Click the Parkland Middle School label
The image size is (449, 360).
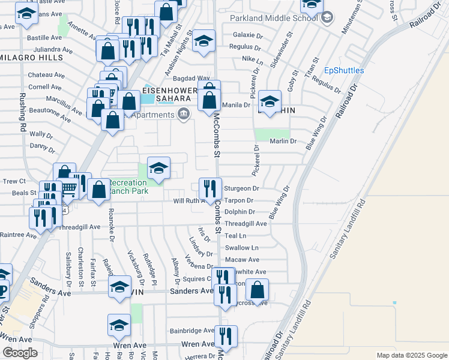point(273,17)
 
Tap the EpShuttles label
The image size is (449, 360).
point(344,70)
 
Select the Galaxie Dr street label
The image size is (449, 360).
point(247,35)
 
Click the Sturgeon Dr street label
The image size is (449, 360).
point(241,188)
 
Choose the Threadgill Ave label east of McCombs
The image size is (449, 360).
point(246,223)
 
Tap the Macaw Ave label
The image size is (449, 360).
point(242,259)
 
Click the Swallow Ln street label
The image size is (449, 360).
point(242,247)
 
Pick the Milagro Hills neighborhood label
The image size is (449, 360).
point(32,58)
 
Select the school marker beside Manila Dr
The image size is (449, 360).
point(270,101)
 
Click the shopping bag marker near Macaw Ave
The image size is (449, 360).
point(257,290)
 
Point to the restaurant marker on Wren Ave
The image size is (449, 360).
point(226,336)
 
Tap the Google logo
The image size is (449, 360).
point(20,352)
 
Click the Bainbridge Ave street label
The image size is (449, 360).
point(191,330)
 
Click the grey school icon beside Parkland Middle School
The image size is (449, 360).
point(326,17)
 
